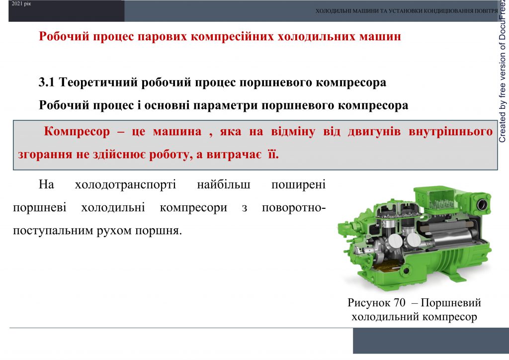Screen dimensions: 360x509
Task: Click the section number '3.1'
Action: tap(48, 83)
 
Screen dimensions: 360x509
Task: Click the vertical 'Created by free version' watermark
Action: tap(503, 75)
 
